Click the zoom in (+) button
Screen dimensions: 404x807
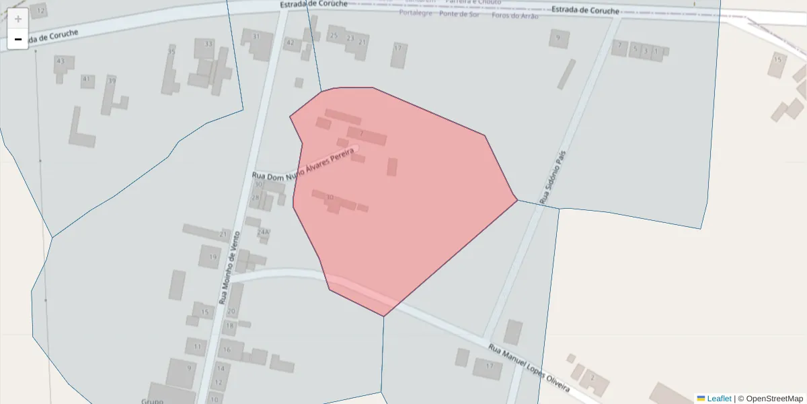pos(18,19)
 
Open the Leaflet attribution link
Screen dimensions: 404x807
pos(718,399)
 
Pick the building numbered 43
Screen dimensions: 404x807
pos(61,61)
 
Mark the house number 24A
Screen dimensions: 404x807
pos(263,232)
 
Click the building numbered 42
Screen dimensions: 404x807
pos(291,43)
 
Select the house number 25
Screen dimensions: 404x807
pos(334,36)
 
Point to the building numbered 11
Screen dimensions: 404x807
pos(197,347)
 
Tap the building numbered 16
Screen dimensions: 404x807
pos(227,349)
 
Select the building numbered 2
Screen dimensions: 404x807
pos(592,378)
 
